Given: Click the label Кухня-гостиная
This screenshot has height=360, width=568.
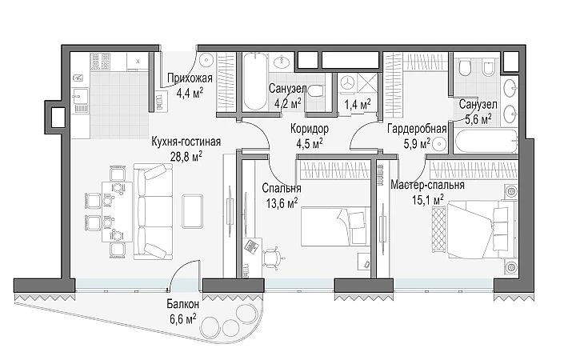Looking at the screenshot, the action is coord(186,142).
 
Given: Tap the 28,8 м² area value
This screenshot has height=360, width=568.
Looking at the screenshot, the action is coord(186,157).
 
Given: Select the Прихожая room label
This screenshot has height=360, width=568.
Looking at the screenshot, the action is coord(190,78).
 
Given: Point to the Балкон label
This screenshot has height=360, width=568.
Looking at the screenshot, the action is coord(182,304).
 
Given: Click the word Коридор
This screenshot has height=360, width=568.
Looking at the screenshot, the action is coord(310,129).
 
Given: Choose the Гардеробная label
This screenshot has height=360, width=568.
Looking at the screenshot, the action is coord(417,129).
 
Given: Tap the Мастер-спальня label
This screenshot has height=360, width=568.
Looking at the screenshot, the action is coord(427,185).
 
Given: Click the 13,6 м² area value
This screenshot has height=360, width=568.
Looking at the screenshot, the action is coord(282,203).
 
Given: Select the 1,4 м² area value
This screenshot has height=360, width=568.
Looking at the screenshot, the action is coord(357,105).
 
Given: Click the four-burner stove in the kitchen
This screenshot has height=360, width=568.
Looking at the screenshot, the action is coord(100,62).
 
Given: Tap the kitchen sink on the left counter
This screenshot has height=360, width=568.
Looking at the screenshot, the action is coord(80,96).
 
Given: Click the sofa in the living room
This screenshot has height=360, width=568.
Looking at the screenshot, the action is coord(154,211).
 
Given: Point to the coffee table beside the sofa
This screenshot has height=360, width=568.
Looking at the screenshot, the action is coord(192,211).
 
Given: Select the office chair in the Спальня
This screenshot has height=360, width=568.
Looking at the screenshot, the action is coord(273,258).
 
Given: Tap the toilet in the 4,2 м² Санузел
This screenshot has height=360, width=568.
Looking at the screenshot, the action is coord(316,90).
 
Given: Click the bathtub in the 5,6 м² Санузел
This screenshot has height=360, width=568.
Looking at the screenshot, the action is coord(486,142).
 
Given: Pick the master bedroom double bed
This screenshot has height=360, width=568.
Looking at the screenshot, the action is coord(475,230).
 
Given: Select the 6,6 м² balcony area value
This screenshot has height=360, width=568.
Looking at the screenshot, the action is coord(183,319).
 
